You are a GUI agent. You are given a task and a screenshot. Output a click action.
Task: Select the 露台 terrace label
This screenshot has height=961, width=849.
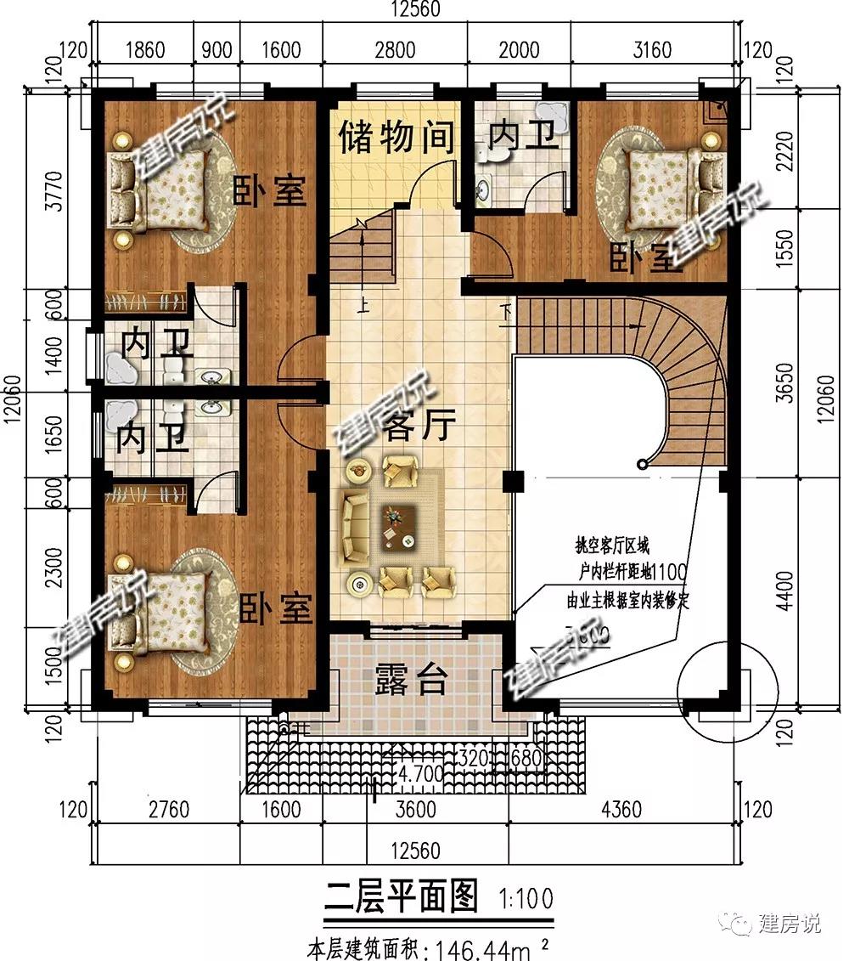pyautogui.click(x=410, y=680)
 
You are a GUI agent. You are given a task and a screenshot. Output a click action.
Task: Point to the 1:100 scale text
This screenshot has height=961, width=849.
pyautogui.click(x=526, y=897)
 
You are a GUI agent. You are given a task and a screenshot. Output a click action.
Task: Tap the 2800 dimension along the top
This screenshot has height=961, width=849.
pyautogui.click(x=395, y=49)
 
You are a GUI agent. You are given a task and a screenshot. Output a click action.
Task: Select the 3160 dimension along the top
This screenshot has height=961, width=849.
pyautogui.click(x=652, y=49)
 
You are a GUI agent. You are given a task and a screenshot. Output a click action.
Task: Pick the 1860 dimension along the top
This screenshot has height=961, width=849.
pyautogui.click(x=144, y=49)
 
